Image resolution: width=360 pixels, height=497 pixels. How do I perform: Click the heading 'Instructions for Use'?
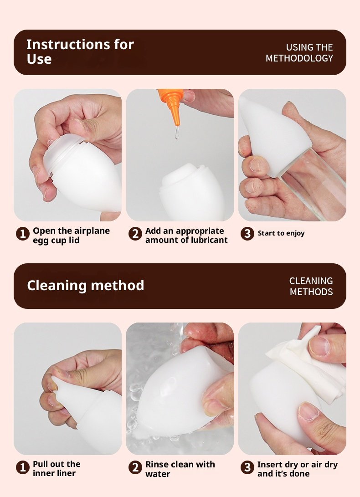point(80,51)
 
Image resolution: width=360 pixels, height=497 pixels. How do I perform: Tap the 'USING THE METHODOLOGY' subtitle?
point(299,53)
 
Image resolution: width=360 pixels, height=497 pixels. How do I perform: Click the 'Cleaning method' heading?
point(86,285)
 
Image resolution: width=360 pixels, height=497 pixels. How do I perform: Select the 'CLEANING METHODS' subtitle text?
point(311,286)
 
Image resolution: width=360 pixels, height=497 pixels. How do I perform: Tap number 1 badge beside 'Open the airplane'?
point(23,234)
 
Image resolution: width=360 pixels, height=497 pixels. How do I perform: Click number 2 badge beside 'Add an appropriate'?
point(135,234)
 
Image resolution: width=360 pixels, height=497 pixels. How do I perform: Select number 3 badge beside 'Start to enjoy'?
point(247,234)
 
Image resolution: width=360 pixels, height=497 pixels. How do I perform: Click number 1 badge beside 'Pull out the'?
point(23,467)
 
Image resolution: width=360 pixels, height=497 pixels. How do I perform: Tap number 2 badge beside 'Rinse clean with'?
point(135,467)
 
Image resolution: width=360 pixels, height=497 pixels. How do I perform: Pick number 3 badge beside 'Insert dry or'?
point(247,467)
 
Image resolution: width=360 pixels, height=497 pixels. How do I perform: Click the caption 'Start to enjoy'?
point(281,234)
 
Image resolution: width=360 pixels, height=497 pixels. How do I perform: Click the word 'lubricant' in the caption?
point(209,240)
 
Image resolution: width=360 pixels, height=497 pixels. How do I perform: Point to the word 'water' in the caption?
point(158,474)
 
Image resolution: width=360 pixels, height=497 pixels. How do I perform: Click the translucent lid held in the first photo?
point(63,152)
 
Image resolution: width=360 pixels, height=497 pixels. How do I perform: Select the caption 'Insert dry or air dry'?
point(298,465)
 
